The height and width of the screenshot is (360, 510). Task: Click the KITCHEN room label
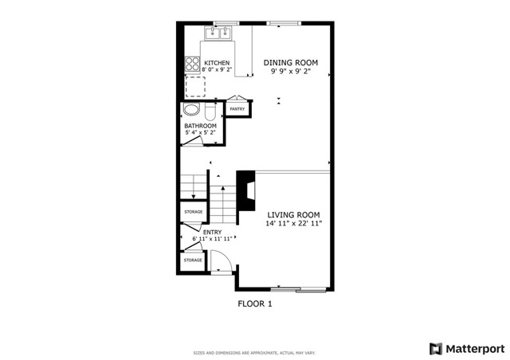pyautogui.click(x=217, y=63)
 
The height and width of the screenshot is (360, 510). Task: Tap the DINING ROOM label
pyautogui.click(x=291, y=62)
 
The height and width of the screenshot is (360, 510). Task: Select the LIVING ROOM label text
pyautogui.click(x=293, y=214)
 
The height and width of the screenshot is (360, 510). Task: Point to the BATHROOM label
pyautogui.click(x=200, y=126)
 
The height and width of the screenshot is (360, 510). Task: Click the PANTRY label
pyautogui.click(x=237, y=108)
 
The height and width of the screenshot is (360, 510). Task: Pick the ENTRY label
pyautogui.click(x=212, y=232)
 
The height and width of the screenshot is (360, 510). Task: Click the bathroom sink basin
pyautogui.click(x=191, y=111)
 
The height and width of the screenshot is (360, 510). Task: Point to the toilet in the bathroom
pyautogui.click(x=209, y=110)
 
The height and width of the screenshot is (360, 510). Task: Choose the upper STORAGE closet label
pyautogui.click(x=193, y=212)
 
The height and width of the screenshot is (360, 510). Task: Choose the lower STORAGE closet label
pyautogui.click(x=193, y=260)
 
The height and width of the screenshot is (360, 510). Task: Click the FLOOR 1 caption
pyautogui.click(x=255, y=303)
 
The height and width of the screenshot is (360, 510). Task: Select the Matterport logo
pyautogui.click(x=465, y=348)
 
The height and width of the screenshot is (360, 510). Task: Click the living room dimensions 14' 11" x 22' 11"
pyautogui.click(x=293, y=224)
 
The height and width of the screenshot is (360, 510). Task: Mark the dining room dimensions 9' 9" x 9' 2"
pyautogui.click(x=291, y=72)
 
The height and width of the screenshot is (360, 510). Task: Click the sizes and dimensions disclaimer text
pyautogui.click(x=254, y=353)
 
